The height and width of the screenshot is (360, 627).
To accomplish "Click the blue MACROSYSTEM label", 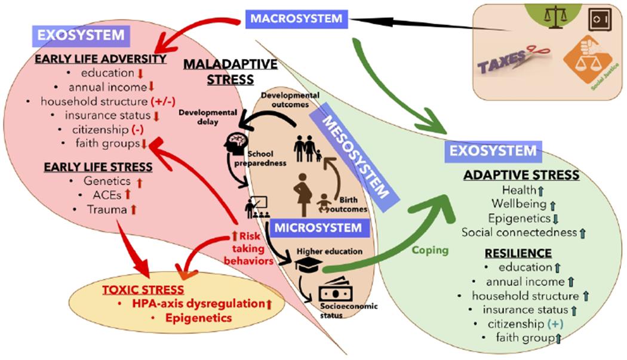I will [296, 18].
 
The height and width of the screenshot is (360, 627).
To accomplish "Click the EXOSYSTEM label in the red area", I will [81, 35].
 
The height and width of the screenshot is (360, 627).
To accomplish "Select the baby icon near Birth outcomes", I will [326, 202].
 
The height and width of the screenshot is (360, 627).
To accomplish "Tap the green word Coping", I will [431, 250].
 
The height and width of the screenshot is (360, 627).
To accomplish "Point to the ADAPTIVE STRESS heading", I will [521, 175].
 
